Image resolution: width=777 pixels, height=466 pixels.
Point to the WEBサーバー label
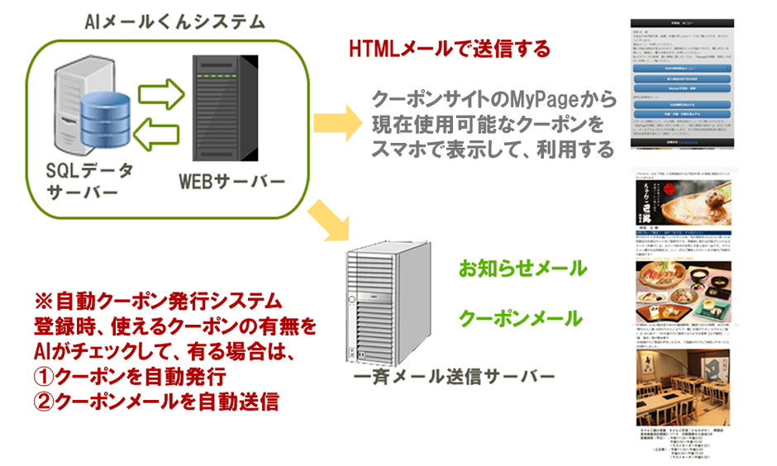coord(231,180)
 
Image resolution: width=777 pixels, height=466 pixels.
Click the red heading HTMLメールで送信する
coord(450,49)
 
